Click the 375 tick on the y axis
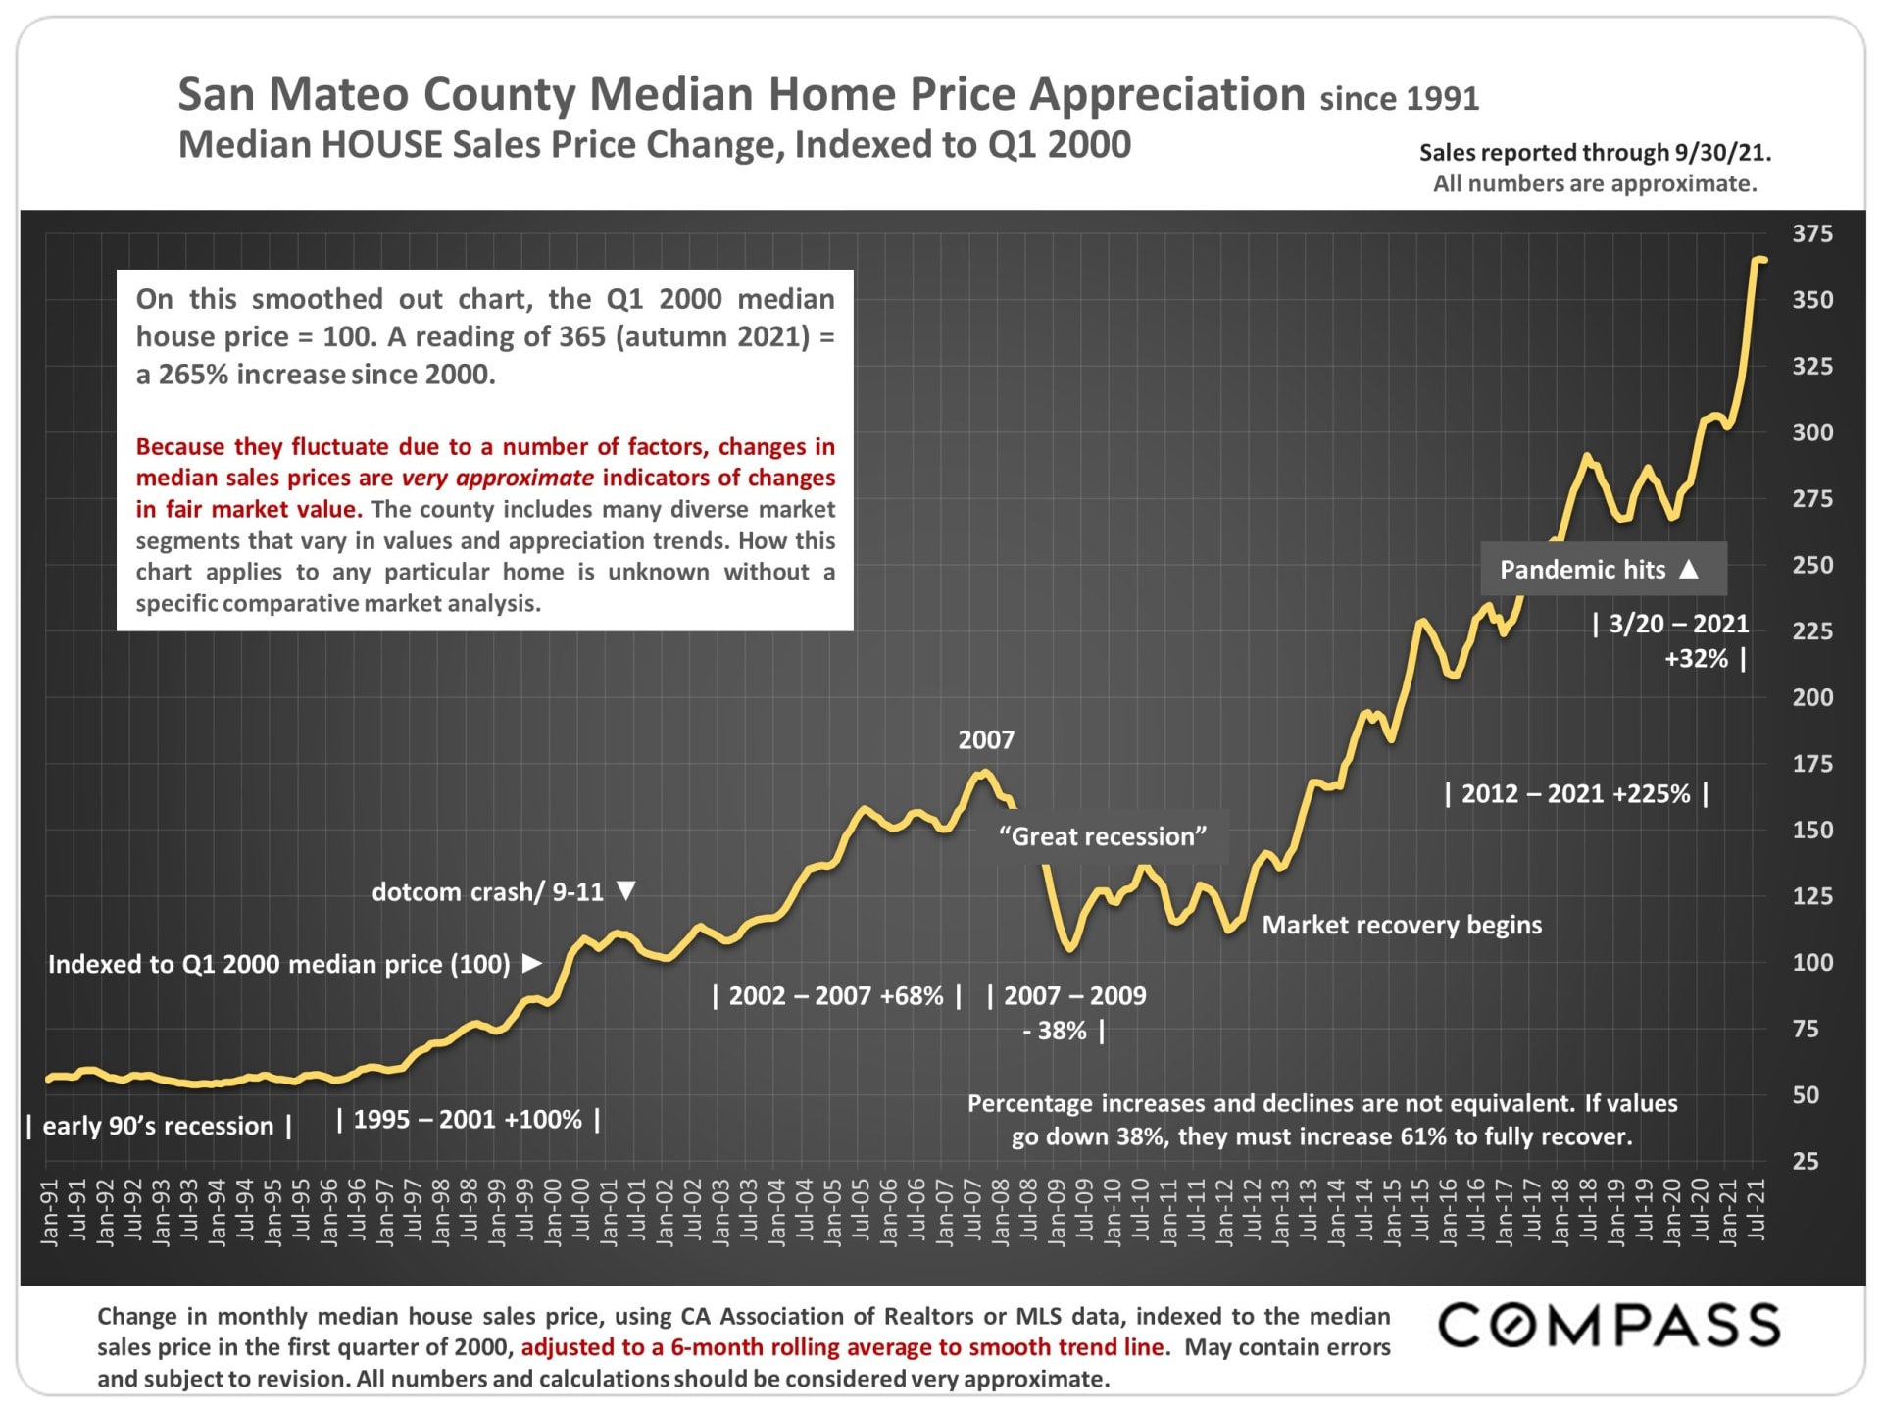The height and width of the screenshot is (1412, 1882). pos(1811,234)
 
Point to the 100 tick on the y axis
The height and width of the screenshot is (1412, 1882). pos(1811,963)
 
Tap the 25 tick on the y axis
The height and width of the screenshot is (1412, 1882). pos(1806,1162)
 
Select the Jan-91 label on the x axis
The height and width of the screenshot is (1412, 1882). pos(50,1213)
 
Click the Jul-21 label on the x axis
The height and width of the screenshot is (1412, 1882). pos(1757,1210)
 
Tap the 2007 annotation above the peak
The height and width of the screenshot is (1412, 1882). pos(986,740)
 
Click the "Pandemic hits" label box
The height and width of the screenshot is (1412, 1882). pos(1602,570)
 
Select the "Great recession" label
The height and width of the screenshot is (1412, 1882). pos(1103,836)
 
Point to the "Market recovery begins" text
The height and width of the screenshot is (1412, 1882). pos(1402,926)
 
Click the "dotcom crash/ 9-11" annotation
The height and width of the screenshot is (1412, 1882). pos(488,892)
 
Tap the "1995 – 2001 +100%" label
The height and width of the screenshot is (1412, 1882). pos(468,1120)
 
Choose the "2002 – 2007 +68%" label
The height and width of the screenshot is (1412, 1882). pos(836,996)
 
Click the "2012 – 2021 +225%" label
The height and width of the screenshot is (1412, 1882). pos(1576,794)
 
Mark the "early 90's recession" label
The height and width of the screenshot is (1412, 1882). pos(158,1126)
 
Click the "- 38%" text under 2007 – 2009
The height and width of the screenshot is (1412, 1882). pos(1056,1032)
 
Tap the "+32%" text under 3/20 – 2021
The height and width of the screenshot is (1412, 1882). pos(1697,659)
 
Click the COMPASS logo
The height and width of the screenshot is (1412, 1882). pos(1609,1326)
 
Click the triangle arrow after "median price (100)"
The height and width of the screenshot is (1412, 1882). pos(532,963)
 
